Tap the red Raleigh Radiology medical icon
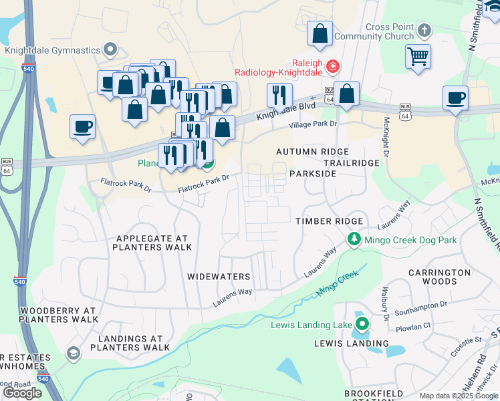[x=332, y=66]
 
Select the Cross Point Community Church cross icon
[x=424, y=30]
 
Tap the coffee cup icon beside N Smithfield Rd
[x=455, y=97]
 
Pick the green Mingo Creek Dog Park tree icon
[x=352, y=239]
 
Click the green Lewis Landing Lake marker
[x=362, y=325]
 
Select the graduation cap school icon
[x=73, y=353]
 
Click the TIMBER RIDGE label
[x=330, y=221]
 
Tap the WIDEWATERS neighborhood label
[x=219, y=277]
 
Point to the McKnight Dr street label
[x=386, y=134]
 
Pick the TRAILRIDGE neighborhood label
[x=351, y=163]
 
